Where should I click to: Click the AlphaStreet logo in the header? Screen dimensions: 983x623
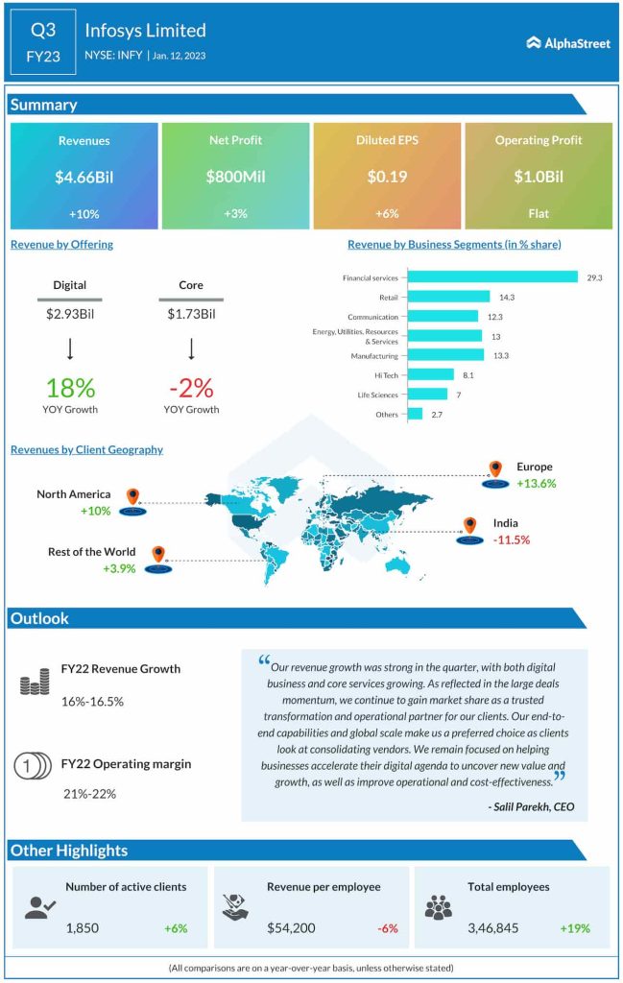pyautogui.click(x=568, y=43)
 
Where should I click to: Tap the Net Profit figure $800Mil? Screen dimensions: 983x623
pyautogui.click(x=235, y=177)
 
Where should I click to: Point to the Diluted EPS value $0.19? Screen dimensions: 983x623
pyautogui.click(x=387, y=177)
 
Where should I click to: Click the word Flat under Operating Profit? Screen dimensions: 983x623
pyautogui.click(x=539, y=213)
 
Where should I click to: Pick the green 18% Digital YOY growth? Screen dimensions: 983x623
pyautogui.click(x=70, y=388)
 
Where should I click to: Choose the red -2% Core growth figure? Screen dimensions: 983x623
pyautogui.click(x=190, y=388)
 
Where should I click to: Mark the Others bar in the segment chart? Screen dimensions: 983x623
pyautogui.click(x=415, y=414)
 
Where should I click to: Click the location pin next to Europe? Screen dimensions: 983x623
pyautogui.click(x=495, y=469)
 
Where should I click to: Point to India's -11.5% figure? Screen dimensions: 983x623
pyautogui.click(x=512, y=539)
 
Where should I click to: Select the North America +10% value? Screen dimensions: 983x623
pyautogui.click(x=96, y=511)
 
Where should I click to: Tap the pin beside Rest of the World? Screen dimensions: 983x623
pyautogui.click(x=158, y=555)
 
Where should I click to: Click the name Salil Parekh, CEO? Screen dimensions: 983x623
pyautogui.click(x=531, y=806)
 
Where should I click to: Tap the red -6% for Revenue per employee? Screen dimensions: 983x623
pyautogui.click(x=388, y=928)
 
